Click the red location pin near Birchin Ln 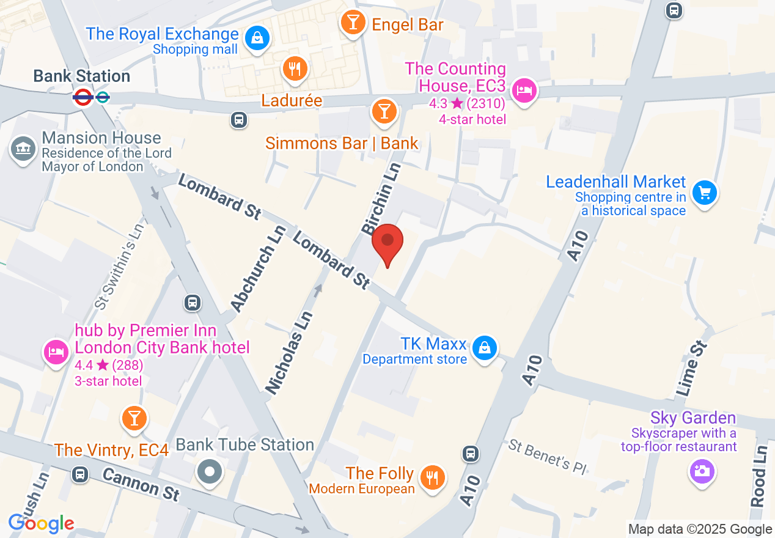pyautogui.click(x=387, y=241)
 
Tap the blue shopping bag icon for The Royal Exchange pyautogui.click(x=258, y=39)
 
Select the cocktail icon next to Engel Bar pyautogui.click(x=353, y=23)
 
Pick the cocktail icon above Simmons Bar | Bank pyautogui.click(x=384, y=111)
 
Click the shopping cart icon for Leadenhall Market pyautogui.click(x=704, y=193)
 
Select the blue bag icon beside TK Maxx pyautogui.click(x=485, y=348)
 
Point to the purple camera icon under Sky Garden pyautogui.click(x=702, y=471)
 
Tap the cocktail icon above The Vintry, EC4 pyautogui.click(x=134, y=418)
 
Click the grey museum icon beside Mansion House pyautogui.click(x=23, y=149)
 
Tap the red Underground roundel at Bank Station pyautogui.click(x=83, y=97)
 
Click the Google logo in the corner pyautogui.click(x=41, y=523)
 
